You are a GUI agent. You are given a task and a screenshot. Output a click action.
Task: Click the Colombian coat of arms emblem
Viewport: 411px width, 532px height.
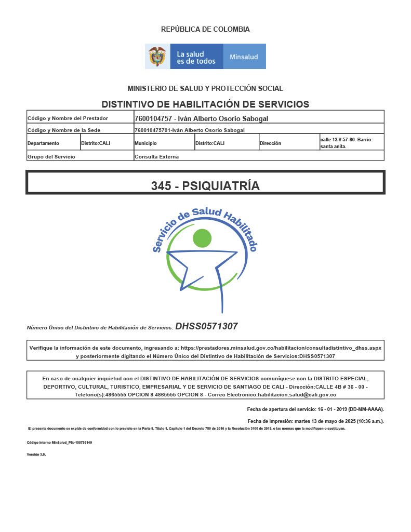coord(157,56)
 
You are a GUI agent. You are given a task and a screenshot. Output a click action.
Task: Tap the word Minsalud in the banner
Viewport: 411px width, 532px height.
coord(244,57)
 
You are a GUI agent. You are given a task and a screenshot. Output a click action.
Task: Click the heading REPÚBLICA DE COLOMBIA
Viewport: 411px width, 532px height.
coord(205,30)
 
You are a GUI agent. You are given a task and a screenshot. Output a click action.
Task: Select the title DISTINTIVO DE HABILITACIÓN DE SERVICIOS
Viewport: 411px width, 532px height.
coord(205,104)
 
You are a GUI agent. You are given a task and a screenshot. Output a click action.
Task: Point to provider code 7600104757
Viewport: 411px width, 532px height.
coord(153,118)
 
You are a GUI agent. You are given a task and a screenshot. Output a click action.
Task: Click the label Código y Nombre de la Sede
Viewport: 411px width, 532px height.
coord(64,130)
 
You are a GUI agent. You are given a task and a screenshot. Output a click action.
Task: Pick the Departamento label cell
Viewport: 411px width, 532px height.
coord(44,143)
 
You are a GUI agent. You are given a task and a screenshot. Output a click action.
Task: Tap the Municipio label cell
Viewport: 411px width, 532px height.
coord(145,143)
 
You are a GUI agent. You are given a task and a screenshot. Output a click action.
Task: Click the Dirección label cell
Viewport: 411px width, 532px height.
coord(270,143)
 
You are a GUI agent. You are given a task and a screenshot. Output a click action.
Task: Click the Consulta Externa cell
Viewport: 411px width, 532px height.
coord(156,156)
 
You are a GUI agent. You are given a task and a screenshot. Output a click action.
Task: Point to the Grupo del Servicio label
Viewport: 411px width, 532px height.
coord(51,156)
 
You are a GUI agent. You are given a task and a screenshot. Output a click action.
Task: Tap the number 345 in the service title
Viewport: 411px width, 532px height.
coord(161,185)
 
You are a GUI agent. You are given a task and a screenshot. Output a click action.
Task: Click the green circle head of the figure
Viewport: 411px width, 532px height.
coord(202,238)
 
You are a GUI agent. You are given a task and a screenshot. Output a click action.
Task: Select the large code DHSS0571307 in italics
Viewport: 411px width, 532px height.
coord(206,326)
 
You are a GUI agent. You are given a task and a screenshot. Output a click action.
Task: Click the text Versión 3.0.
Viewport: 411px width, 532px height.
coord(36,454)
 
